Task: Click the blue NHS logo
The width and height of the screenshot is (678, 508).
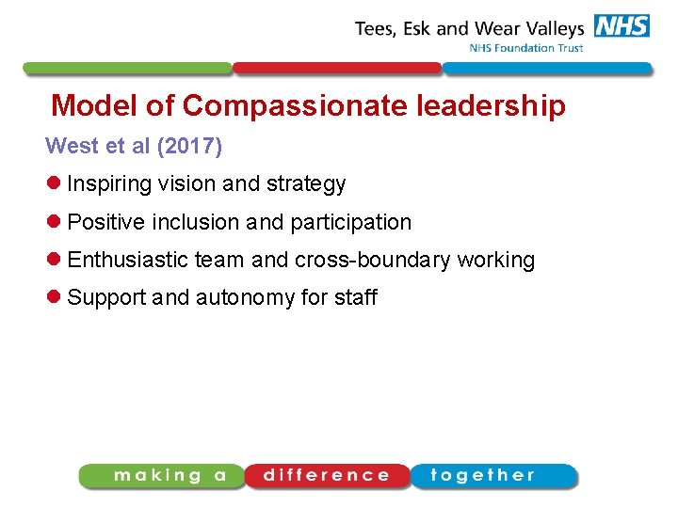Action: pos(621,26)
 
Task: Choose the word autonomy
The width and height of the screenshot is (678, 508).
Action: pos(245,298)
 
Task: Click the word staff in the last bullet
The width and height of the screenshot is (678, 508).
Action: pos(355,297)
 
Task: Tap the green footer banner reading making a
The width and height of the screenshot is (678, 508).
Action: pos(162,476)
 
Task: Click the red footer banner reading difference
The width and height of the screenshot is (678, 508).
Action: pos(327,476)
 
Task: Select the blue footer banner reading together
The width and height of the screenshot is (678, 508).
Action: pos(492,476)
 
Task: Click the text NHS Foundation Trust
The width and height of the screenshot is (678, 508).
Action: pos(526,48)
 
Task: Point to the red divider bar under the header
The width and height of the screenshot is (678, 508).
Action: pos(336,68)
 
